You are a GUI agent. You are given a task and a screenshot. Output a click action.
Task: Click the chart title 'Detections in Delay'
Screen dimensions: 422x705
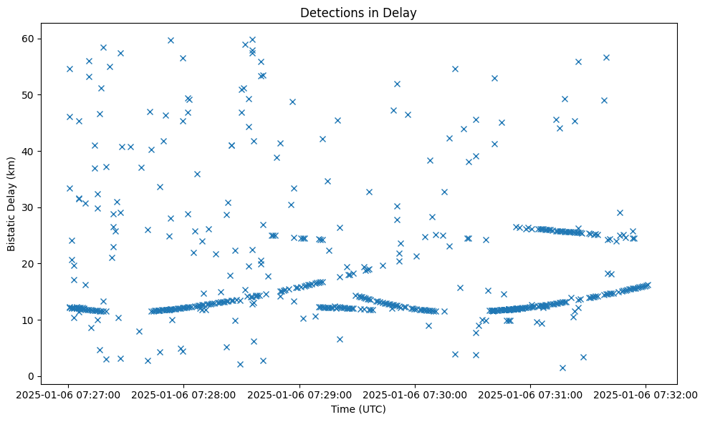click(358, 12)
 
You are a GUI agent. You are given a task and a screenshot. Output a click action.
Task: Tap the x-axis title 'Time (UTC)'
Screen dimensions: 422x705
click(358, 409)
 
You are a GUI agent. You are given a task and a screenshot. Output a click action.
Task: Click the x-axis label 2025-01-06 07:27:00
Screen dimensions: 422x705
click(69, 394)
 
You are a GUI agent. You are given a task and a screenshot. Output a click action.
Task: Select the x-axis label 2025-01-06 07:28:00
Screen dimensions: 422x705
click(184, 394)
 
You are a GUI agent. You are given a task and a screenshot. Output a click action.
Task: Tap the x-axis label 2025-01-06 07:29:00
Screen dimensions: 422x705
click(299, 394)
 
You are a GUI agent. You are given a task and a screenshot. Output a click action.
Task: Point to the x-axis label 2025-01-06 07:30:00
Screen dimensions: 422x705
click(415, 394)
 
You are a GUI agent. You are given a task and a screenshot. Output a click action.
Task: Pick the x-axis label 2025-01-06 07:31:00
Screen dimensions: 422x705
click(530, 394)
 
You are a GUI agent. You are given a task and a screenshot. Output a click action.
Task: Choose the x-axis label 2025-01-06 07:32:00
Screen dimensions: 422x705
click(646, 394)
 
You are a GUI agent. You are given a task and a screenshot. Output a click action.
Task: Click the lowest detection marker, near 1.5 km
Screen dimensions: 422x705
click(562, 368)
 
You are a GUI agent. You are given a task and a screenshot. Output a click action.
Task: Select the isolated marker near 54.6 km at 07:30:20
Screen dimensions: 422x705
click(455, 69)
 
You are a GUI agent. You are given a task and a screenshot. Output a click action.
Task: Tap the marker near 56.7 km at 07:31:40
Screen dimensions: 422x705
click(606, 57)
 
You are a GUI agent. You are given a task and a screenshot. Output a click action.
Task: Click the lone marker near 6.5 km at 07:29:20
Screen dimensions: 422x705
click(340, 339)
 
